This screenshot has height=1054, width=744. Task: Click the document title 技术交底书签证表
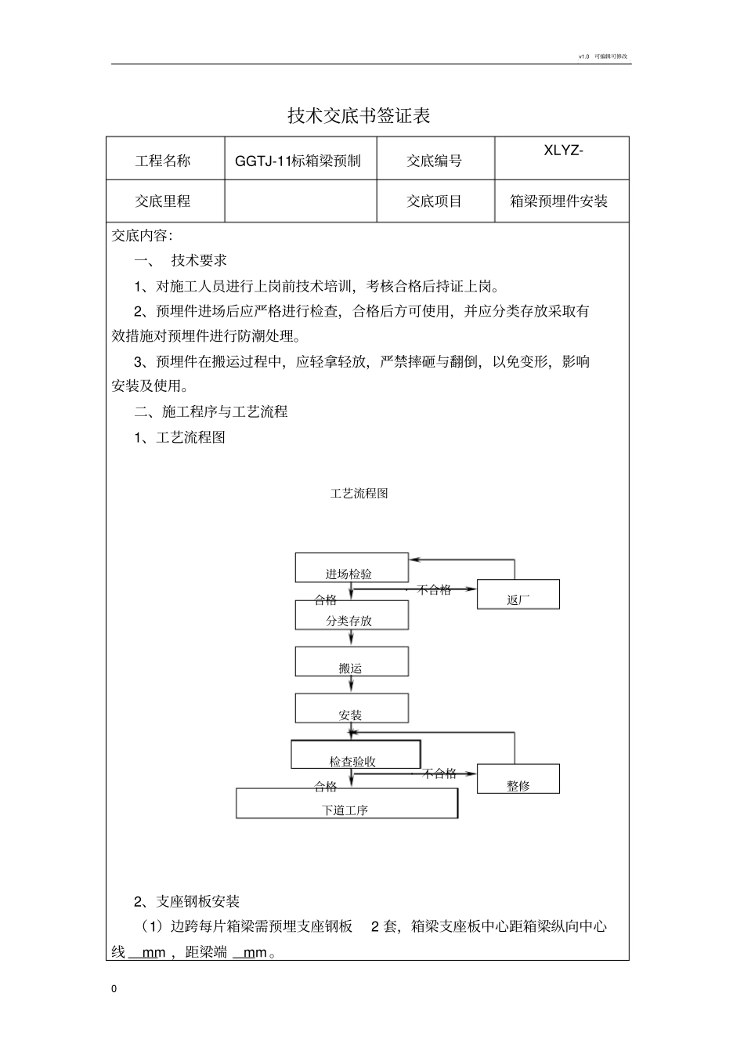tap(359, 116)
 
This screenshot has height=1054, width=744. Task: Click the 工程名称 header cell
tap(163, 161)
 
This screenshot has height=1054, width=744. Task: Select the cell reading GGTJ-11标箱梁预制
tap(298, 161)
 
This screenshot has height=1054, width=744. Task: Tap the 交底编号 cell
tap(434, 161)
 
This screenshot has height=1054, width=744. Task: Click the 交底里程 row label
tap(163, 201)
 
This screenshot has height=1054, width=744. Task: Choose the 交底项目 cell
tap(434, 201)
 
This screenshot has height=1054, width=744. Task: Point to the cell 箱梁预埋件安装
tap(559, 201)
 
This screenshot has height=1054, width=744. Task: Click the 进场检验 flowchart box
tap(352, 568)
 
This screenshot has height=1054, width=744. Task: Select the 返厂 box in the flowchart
tap(518, 595)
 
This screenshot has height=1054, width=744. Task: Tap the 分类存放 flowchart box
tap(352, 615)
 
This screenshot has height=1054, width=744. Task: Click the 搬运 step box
tap(352, 662)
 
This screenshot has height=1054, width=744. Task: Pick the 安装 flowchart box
tap(352, 709)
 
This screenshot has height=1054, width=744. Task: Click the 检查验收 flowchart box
tap(356, 755)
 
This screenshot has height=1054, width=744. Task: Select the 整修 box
tap(518, 780)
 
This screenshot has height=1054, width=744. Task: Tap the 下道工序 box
tap(346, 804)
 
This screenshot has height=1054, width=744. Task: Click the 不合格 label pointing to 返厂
tap(434, 589)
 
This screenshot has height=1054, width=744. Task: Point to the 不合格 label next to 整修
tap(439, 773)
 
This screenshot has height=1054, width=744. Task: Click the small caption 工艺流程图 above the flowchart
tap(359, 494)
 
